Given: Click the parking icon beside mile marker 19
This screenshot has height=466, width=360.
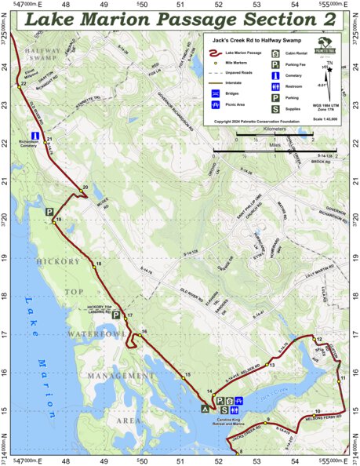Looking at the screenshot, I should pos(49,212).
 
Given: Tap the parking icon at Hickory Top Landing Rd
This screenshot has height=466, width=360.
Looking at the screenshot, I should pos(115,315).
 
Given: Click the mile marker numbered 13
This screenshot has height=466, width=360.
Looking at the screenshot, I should pos(266,366).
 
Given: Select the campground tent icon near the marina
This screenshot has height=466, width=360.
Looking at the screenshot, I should pos(206,409).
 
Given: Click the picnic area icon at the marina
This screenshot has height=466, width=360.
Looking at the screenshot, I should pos(239,400).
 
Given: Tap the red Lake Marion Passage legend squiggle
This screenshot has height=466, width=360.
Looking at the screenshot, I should pos(217,52).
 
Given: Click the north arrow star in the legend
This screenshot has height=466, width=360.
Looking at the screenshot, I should pos(331,69).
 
